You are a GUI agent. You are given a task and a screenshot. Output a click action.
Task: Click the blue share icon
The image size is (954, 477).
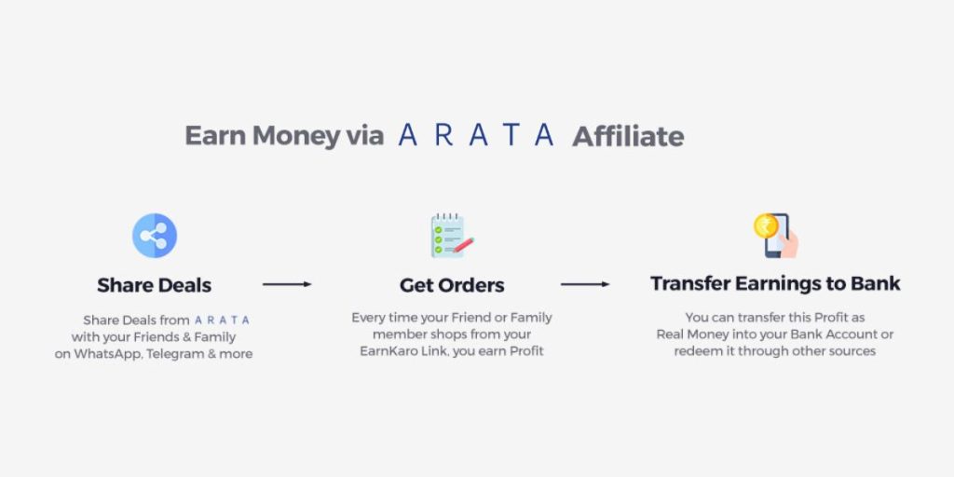click(155, 236)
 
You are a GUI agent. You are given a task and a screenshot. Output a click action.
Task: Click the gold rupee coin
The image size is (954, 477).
click(766, 225)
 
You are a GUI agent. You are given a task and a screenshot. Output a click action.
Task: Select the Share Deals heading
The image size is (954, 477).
click(155, 285)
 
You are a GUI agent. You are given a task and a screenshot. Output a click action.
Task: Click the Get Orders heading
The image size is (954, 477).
click(452, 285)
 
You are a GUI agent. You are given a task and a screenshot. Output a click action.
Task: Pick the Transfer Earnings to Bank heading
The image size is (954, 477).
click(775, 283)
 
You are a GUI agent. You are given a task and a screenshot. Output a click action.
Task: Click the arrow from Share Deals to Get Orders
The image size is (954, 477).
click(287, 284)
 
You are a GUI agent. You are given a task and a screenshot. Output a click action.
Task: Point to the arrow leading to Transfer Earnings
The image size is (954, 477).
click(585, 284)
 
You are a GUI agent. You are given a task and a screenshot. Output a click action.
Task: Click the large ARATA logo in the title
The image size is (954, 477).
click(476, 134)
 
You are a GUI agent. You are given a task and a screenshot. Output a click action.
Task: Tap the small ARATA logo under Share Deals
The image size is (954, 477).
click(222, 320)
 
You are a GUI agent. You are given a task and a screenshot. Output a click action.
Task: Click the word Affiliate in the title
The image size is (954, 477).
click(628, 136)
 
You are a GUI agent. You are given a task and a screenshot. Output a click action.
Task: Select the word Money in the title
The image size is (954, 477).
click(296, 135)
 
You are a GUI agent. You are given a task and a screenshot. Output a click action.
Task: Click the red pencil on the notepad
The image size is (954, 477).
click(464, 245)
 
